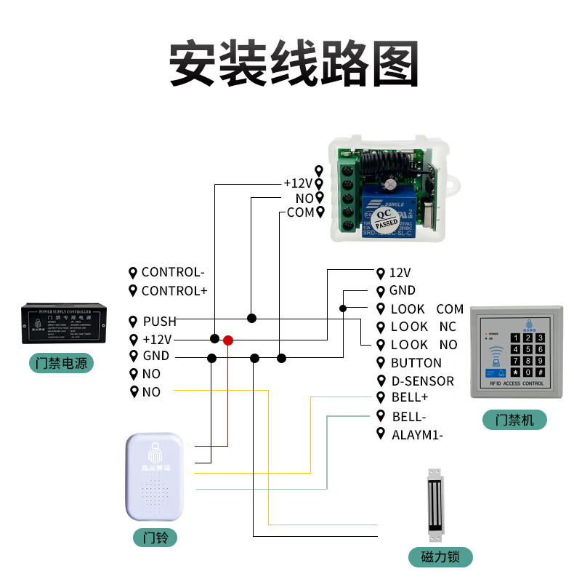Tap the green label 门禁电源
click(62, 362)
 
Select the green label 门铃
click(155, 538)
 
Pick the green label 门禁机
click(514, 420)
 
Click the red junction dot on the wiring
click(228, 340)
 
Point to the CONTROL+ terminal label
click(174, 290)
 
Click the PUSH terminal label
click(159, 322)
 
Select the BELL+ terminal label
click(410, 397)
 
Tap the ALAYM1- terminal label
click(417, 435)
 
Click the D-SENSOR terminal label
click(422, 380)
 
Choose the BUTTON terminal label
click(416, 362)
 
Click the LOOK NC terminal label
click(423, 327)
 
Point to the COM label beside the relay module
click(300, 212)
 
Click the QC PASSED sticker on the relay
click(382, 218)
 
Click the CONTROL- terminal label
click(173, 272)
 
